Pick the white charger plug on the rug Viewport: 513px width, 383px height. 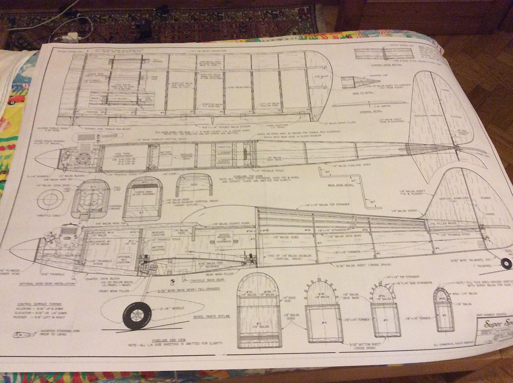click(72, 38)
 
